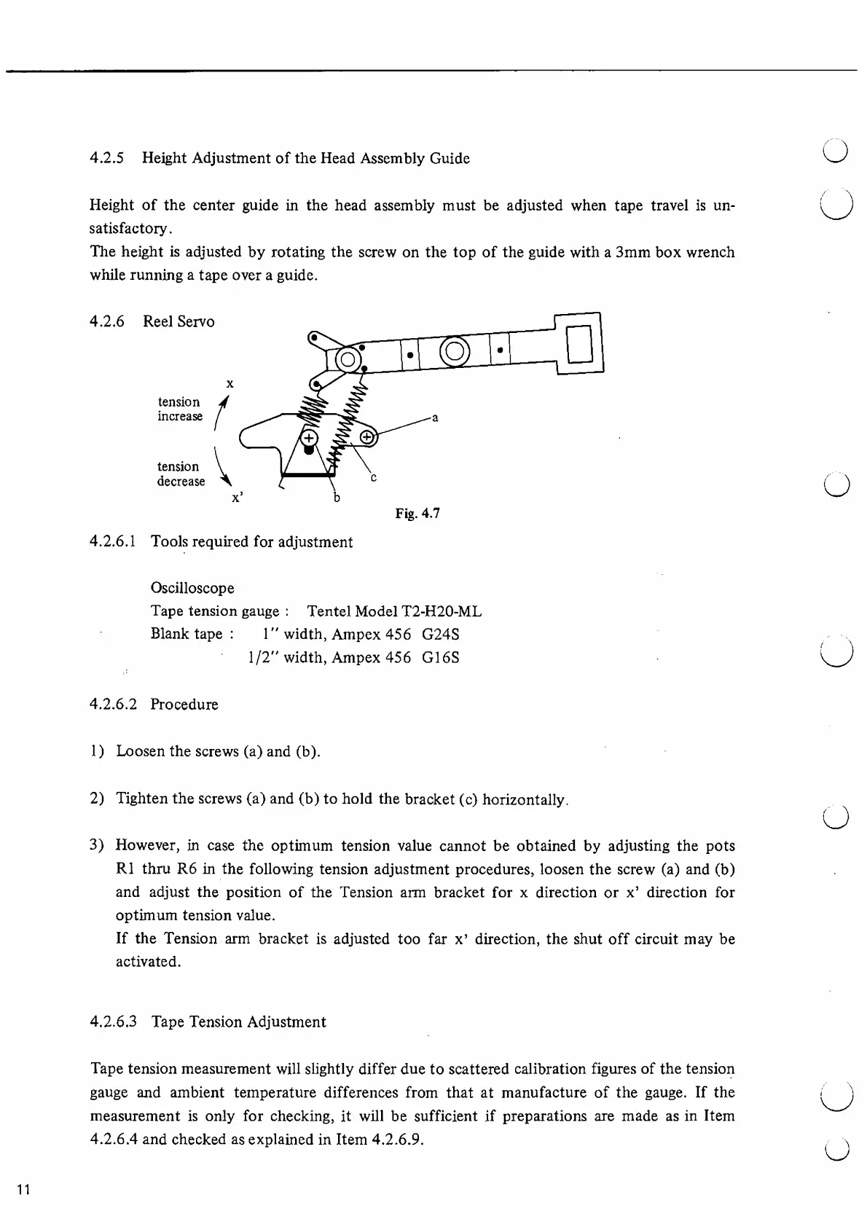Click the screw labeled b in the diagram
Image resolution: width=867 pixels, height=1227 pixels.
point(309,438)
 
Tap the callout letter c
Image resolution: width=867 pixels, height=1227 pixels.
point(373,478)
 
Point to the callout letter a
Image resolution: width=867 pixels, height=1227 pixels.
point(435,418)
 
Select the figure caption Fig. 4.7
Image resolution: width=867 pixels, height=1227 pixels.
point(417,514)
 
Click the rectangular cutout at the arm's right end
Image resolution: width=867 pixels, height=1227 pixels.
point(580,343)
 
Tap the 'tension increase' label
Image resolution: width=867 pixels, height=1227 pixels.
point(180,409)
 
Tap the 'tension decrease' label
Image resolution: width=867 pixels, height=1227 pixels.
point(181,474)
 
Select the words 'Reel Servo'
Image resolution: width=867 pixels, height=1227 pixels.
point(178,321)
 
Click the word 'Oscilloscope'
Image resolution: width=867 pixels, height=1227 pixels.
point(192,588)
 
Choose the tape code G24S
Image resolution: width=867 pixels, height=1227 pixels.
point(441,634)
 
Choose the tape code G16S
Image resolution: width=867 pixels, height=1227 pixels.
point(441,657)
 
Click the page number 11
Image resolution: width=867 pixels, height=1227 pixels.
point(23,1190)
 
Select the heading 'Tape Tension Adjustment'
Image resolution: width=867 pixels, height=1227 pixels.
point(239,1022)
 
